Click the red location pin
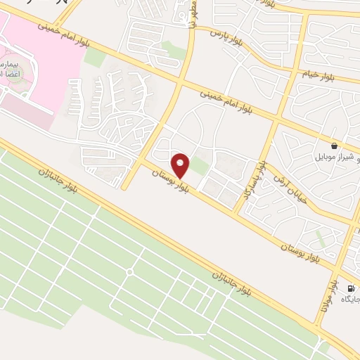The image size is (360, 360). tap(181, 165)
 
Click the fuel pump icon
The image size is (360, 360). tap(350, 288)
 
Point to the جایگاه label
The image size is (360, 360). tap(350, 300)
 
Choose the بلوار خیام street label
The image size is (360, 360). tap(323, 72)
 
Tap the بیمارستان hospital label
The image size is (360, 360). tap(8, 65)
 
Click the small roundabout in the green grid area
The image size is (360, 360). tap(130, 271)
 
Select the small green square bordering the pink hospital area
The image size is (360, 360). tap(94, 58)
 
